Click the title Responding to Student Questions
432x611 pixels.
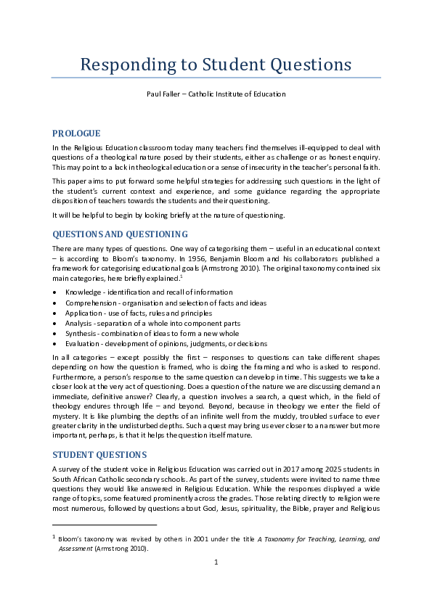pos(216,65)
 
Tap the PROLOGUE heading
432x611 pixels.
pos(76,134)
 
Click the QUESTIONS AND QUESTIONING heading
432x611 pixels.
pos(120,234)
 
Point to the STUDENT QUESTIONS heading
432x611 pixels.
pos(99,455)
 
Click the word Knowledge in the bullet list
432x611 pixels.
pos(83,292)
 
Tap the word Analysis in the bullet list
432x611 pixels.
pos(78,323)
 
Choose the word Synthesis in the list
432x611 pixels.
pos(81,333)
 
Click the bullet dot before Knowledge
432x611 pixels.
pos(55,292)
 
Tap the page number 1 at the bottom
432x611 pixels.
pos(216,583)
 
